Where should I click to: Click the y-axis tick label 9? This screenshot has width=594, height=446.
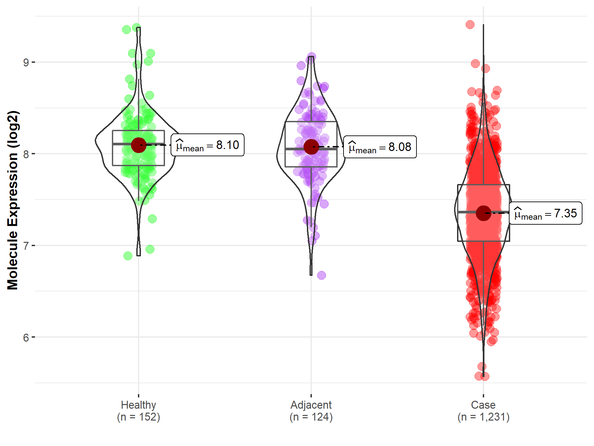click(26, 62)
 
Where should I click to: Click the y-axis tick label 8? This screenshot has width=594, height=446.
click(26, 154)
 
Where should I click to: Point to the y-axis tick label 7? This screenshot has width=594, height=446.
click(26, 246)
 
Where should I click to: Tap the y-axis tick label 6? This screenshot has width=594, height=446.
click(26, 338)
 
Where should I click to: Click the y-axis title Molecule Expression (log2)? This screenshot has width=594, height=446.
click(13, 200)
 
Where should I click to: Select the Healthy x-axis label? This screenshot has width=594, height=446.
click(138, 405)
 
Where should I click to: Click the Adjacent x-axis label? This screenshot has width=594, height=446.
click(311, 405)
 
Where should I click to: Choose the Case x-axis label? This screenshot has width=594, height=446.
click(483, 405)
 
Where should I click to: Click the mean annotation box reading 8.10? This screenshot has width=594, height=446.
click(208, 145)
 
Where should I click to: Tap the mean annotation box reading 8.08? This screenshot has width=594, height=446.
click(380, 147)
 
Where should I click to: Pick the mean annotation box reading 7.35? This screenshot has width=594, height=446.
click(545, 213)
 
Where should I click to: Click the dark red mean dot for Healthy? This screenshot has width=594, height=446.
click(139, 145)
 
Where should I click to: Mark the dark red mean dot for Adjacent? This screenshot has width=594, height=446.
click(311, 147)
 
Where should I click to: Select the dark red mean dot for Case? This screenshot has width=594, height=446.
click(483, 213)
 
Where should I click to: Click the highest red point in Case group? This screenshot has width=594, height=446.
click(470, 24)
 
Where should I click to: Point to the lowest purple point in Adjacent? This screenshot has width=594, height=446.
click(321, 275)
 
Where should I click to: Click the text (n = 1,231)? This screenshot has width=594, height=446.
click(483, 417)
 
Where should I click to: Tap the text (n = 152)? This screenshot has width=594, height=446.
click(138, 417)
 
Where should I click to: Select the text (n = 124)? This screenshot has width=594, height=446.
click(311, 417)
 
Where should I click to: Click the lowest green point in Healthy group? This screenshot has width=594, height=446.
click(128, 256)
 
